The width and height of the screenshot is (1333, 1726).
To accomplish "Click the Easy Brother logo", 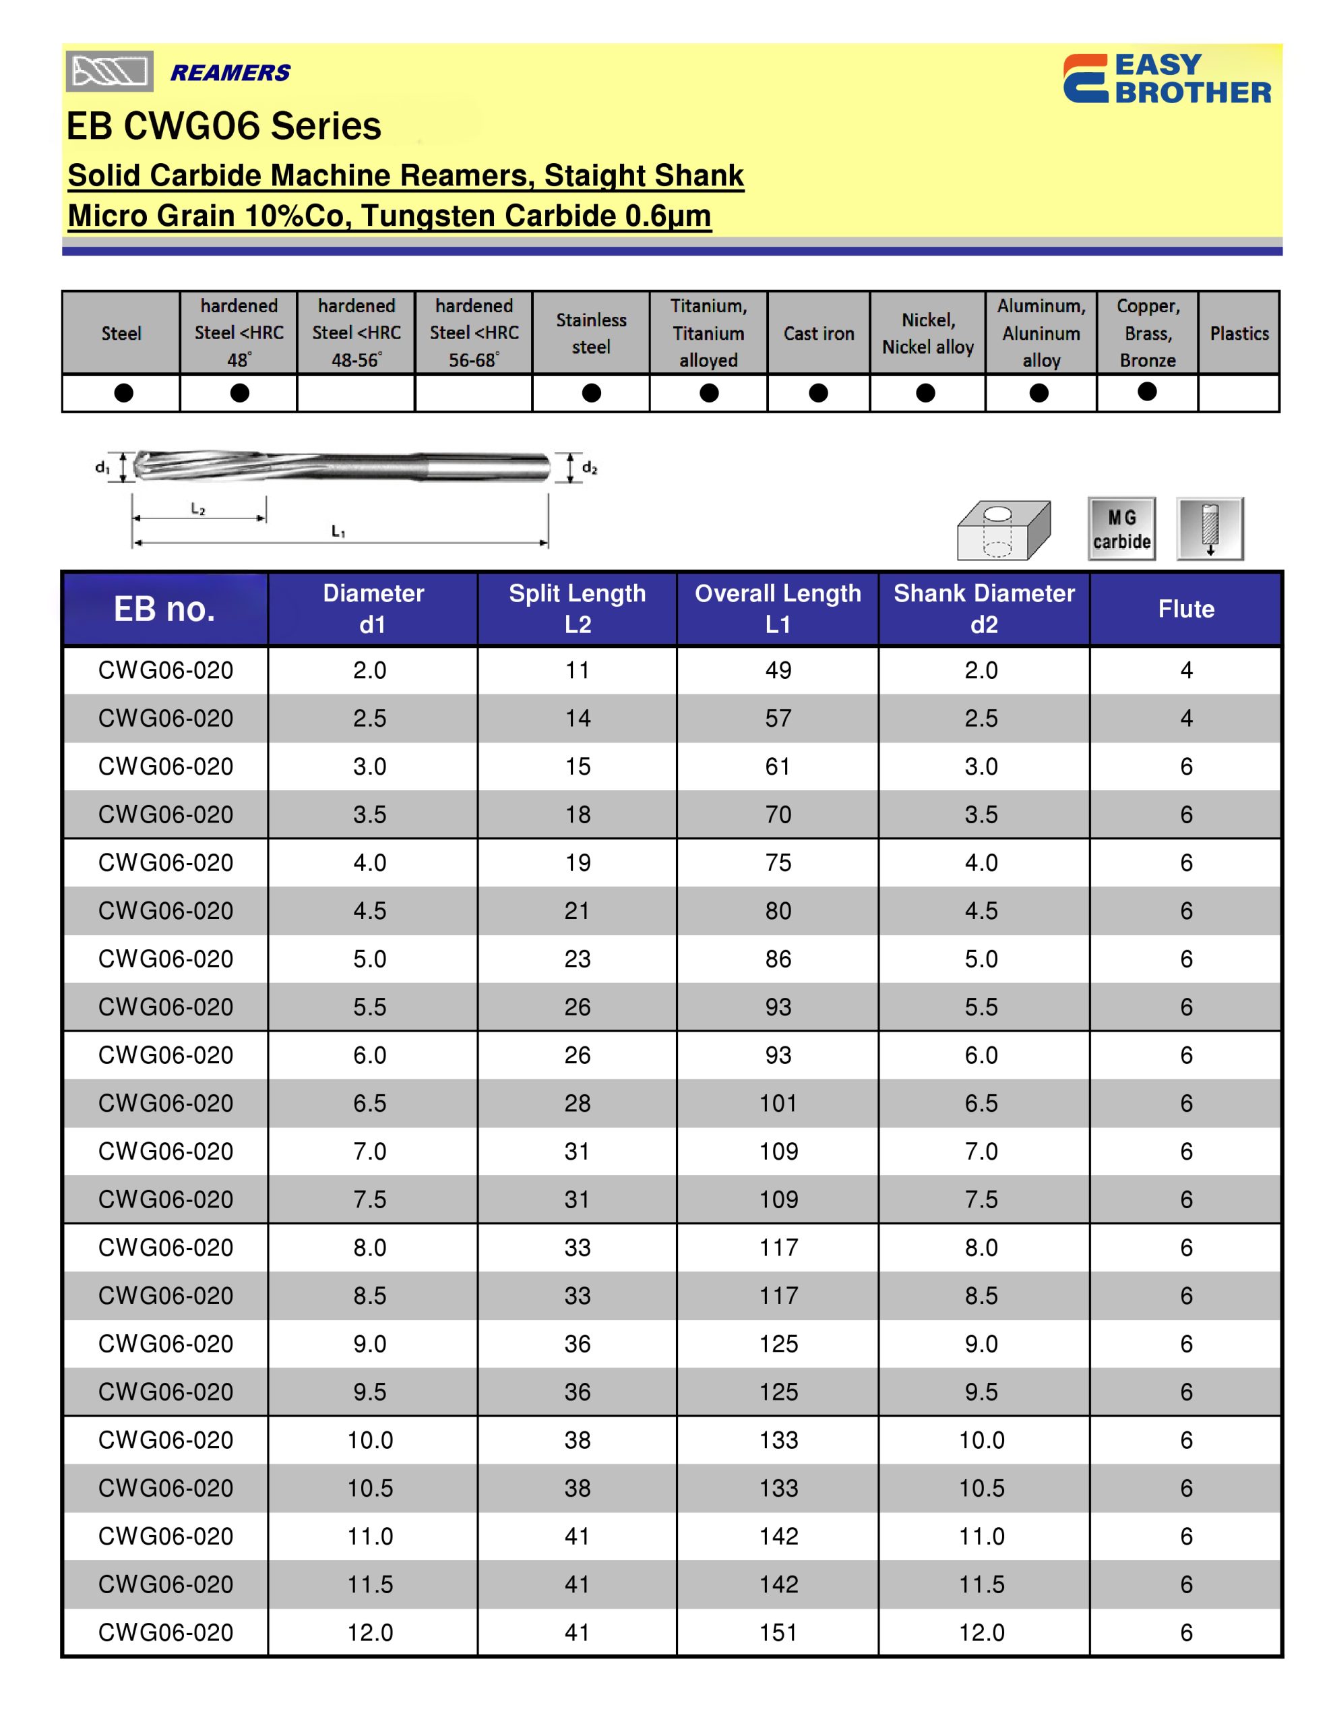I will coord(1167,78).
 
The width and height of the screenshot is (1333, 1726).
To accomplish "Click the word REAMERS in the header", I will coord(230,73).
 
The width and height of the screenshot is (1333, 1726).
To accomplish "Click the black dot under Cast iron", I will coord(818,393).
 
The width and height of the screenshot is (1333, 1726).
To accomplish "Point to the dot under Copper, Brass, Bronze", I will coord(1146,391).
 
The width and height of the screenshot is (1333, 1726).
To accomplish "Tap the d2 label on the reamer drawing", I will coord(590,468).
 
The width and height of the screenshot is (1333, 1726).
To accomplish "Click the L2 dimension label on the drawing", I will coord(197,510).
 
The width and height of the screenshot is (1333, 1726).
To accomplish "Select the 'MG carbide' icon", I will coord(1121,529).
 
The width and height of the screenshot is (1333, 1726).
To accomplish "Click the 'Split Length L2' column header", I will coord(577,609).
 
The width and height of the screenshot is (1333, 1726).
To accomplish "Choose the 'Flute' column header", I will coord(1185,609).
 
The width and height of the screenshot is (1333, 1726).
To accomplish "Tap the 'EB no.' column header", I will coord(164,609).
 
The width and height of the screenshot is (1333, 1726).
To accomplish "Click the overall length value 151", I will coord(778,1633).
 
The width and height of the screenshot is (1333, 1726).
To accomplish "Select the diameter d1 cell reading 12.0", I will coord(370,1633).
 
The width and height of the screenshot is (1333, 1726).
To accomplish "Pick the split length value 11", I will coord(577,670).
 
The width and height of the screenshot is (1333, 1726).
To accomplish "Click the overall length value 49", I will coord(778,670).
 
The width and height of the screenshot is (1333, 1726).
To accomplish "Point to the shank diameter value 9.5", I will coord(981,1392).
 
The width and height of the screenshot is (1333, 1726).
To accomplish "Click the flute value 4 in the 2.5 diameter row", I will coord(1185,718).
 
